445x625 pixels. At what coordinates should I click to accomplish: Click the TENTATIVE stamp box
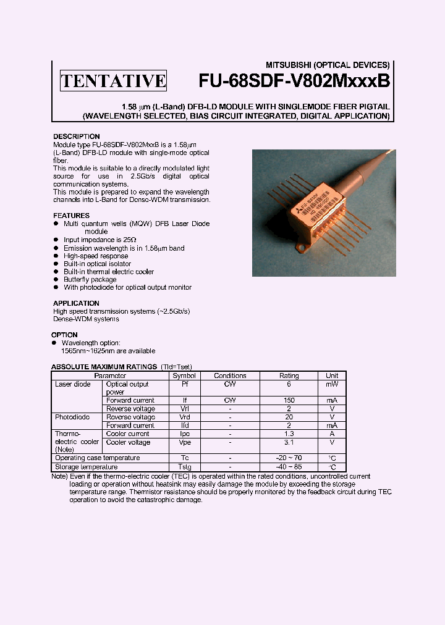pos(113,81)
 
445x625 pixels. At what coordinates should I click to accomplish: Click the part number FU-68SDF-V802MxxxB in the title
pos(294,80)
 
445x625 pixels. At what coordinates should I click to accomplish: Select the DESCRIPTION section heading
pos(76,136)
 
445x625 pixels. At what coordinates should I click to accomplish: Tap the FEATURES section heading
pos(71,216)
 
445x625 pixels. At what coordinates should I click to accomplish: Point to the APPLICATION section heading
pos(76,303)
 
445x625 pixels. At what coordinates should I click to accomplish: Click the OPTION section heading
pos(64,335)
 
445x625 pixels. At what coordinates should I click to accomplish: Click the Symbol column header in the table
pos(184,375)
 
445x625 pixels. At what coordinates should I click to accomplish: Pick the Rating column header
pos(289,375)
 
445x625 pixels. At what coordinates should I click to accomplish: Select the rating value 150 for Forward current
pos(289,400)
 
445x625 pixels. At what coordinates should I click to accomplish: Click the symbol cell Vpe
pos(184,442)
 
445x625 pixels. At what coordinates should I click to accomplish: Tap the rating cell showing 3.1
pos(289,442)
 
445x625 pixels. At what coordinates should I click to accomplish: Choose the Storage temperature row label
pos(85,468)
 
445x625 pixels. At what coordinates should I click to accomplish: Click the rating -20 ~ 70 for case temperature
pos(289,458)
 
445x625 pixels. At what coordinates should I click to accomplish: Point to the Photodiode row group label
pos(72,417)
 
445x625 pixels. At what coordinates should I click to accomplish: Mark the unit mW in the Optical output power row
pos(332,384)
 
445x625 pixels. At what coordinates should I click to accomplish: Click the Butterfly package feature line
pos(90,280)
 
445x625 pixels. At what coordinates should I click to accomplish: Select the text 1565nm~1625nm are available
pos(100,350)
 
